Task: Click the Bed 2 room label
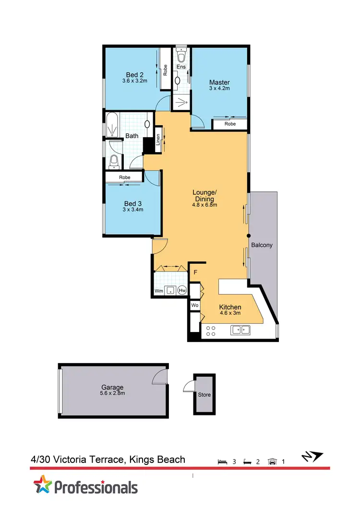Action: click(x=134, y=74)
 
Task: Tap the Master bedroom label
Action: click(x=219, y=83)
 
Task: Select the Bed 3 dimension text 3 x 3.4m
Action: click(x=133, y=209)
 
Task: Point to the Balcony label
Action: click(x=262, y=245)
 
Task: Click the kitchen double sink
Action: click(x=240, y=330)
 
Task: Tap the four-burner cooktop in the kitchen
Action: click(x=210, y=331)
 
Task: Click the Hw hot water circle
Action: click(x=182, y=290)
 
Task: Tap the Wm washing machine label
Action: click(x=158, y=291)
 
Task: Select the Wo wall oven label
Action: click(x=195, y=305)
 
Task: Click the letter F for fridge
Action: click(x=195, y=273)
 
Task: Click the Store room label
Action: click(x=204, y=395)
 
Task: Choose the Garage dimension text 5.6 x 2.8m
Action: click(x=112, y=393)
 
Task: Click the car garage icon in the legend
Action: click(x=273, y=462)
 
